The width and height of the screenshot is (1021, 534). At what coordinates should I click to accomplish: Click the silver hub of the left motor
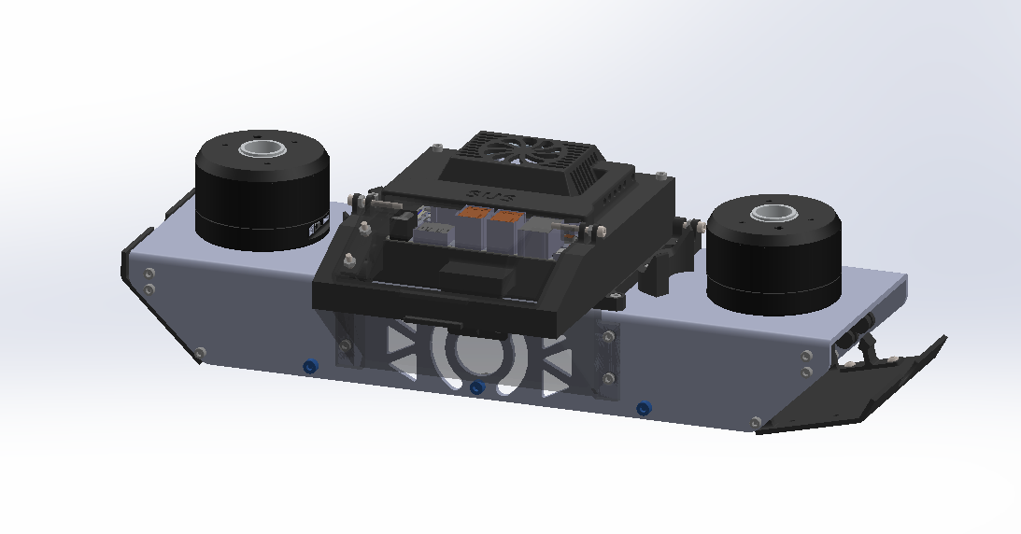[262, 148]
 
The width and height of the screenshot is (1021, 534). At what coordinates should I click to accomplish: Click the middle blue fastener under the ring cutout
[476, 386]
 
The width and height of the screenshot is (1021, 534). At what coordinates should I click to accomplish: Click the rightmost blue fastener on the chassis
[643, 408]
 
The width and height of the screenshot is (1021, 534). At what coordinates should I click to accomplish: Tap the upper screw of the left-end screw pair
[150, 273]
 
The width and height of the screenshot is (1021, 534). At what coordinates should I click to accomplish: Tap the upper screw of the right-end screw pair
[806, 355]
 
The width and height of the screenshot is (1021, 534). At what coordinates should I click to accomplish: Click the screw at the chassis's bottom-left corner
[199, 352]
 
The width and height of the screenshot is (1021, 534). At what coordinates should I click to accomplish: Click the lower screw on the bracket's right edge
[608, 378]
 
